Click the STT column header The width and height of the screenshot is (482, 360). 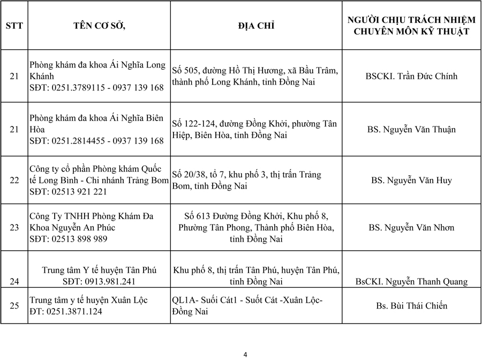(x=14, y=25)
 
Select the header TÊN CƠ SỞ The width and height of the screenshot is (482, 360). (x=99, y=25)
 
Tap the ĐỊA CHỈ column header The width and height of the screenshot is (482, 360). (x=256, y=25)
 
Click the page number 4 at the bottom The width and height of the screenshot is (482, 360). (x=245, y=354)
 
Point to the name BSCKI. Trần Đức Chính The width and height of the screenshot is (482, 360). (x=411, y=76)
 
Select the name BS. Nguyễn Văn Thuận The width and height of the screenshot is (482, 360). (x=411, y=129)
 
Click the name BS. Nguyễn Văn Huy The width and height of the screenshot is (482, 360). (x=411, y=180)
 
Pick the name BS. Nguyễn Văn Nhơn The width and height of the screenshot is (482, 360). (x=411, y=228)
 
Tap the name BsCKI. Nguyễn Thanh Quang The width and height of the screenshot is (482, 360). (x=411, y=281)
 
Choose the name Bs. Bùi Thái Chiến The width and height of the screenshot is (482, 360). (x=411, y=306)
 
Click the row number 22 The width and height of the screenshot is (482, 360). (x=14, y=180)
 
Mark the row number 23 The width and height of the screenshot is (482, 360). (x=14, y=228)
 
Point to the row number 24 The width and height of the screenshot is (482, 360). (x=14, y=281)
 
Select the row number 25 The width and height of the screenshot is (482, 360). (x=14, y=306)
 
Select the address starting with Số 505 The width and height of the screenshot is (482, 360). (x=255, y=76)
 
